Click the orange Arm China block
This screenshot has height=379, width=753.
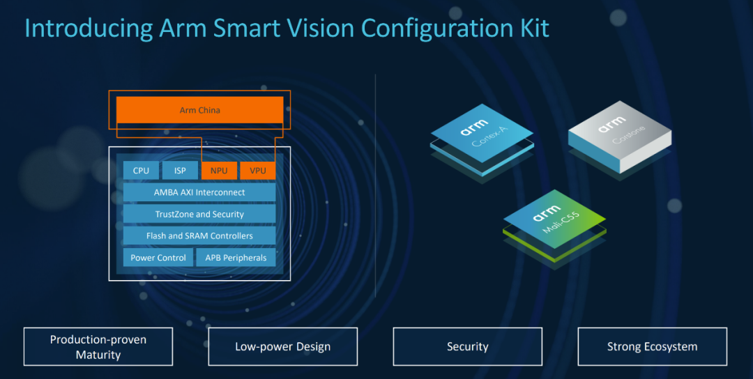pos(199,110)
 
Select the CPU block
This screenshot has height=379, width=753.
pos(141,171)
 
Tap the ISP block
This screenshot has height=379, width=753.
pos(180,171)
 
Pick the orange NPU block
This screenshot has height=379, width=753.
pos(219,171)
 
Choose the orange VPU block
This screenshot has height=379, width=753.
pos(257,171)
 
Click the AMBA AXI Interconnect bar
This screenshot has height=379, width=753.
pos(199,192)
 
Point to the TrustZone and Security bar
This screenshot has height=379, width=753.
pos(199,214)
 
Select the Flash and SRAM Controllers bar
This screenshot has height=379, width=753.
pos(199,235)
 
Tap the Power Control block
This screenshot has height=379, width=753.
pos(158,258)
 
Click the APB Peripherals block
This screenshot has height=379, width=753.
pos(236,258)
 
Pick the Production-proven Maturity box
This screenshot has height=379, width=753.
pos(98,347)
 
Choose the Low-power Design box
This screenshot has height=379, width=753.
pos(282,347)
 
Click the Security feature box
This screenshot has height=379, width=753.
pos(467,347)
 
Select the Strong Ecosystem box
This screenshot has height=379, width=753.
pos(652,347)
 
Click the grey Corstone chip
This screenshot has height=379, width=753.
pos(618,136)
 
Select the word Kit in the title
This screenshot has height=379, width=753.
pos(531,28)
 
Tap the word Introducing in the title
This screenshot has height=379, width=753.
pos(89,28)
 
